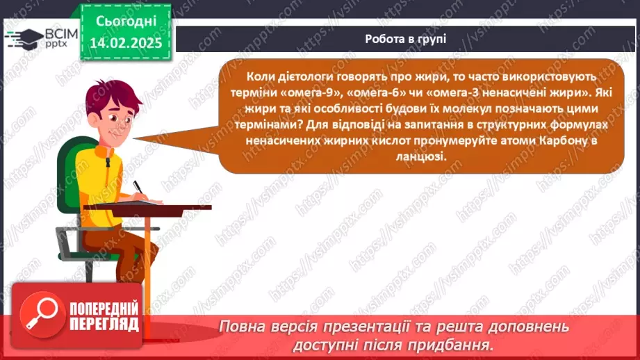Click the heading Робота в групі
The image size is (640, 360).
coord(405,39)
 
